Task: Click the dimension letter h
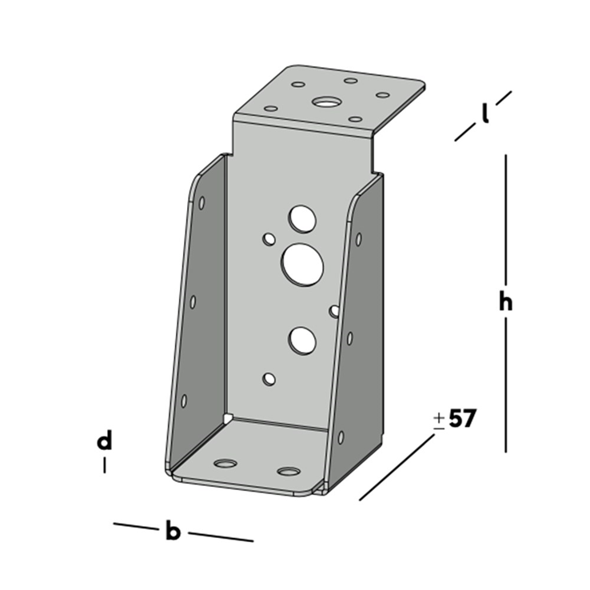504,302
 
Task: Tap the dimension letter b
173,531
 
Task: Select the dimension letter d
104,441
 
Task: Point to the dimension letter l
485,114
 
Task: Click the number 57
462,418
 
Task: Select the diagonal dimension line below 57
397,468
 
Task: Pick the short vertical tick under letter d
104,464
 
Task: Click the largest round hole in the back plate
302,265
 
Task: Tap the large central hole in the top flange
325,102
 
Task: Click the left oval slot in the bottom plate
226,464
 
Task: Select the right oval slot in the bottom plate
289,470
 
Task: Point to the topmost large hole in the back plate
302,217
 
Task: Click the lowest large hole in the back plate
302,341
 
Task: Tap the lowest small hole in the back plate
269,378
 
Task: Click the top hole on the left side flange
201,203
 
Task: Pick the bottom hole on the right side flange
341,437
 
